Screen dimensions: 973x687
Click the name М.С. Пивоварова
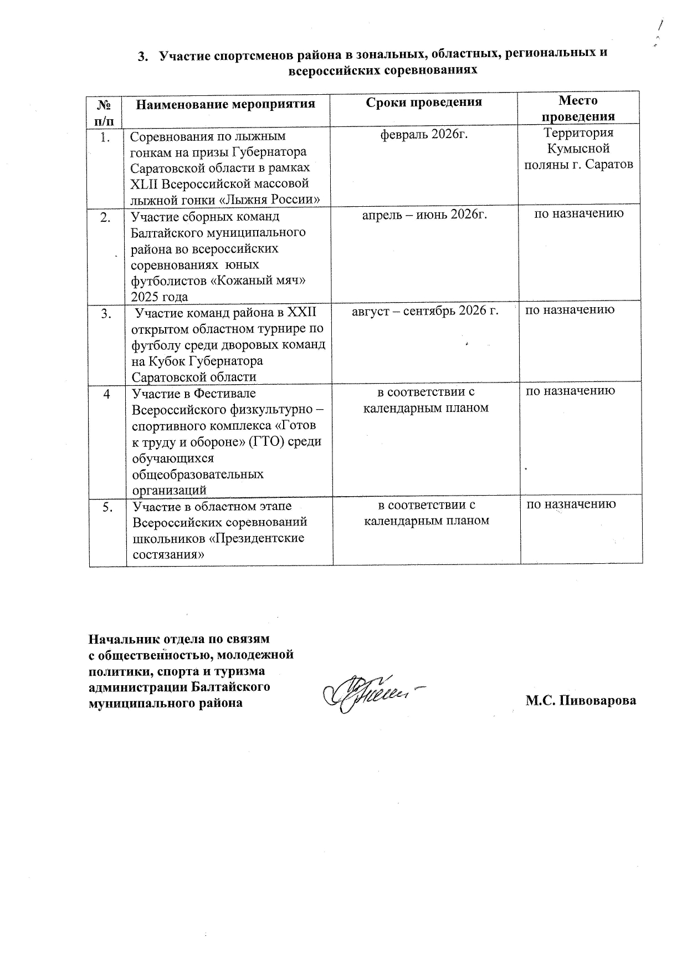[x=581, y=700]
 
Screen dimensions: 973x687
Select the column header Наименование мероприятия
[x=225, y=104]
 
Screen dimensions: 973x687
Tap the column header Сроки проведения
[x=424, y=102]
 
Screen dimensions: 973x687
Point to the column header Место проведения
[x=578, y=108]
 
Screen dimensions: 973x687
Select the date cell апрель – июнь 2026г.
[x=424, y=214]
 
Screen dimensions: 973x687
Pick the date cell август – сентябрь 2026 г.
[x=425, y=310]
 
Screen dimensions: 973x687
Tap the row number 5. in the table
[x=108, y=506]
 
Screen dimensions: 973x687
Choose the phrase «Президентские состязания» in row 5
[x=218, y=546]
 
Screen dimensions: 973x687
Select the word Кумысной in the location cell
[x=578, y=149]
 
